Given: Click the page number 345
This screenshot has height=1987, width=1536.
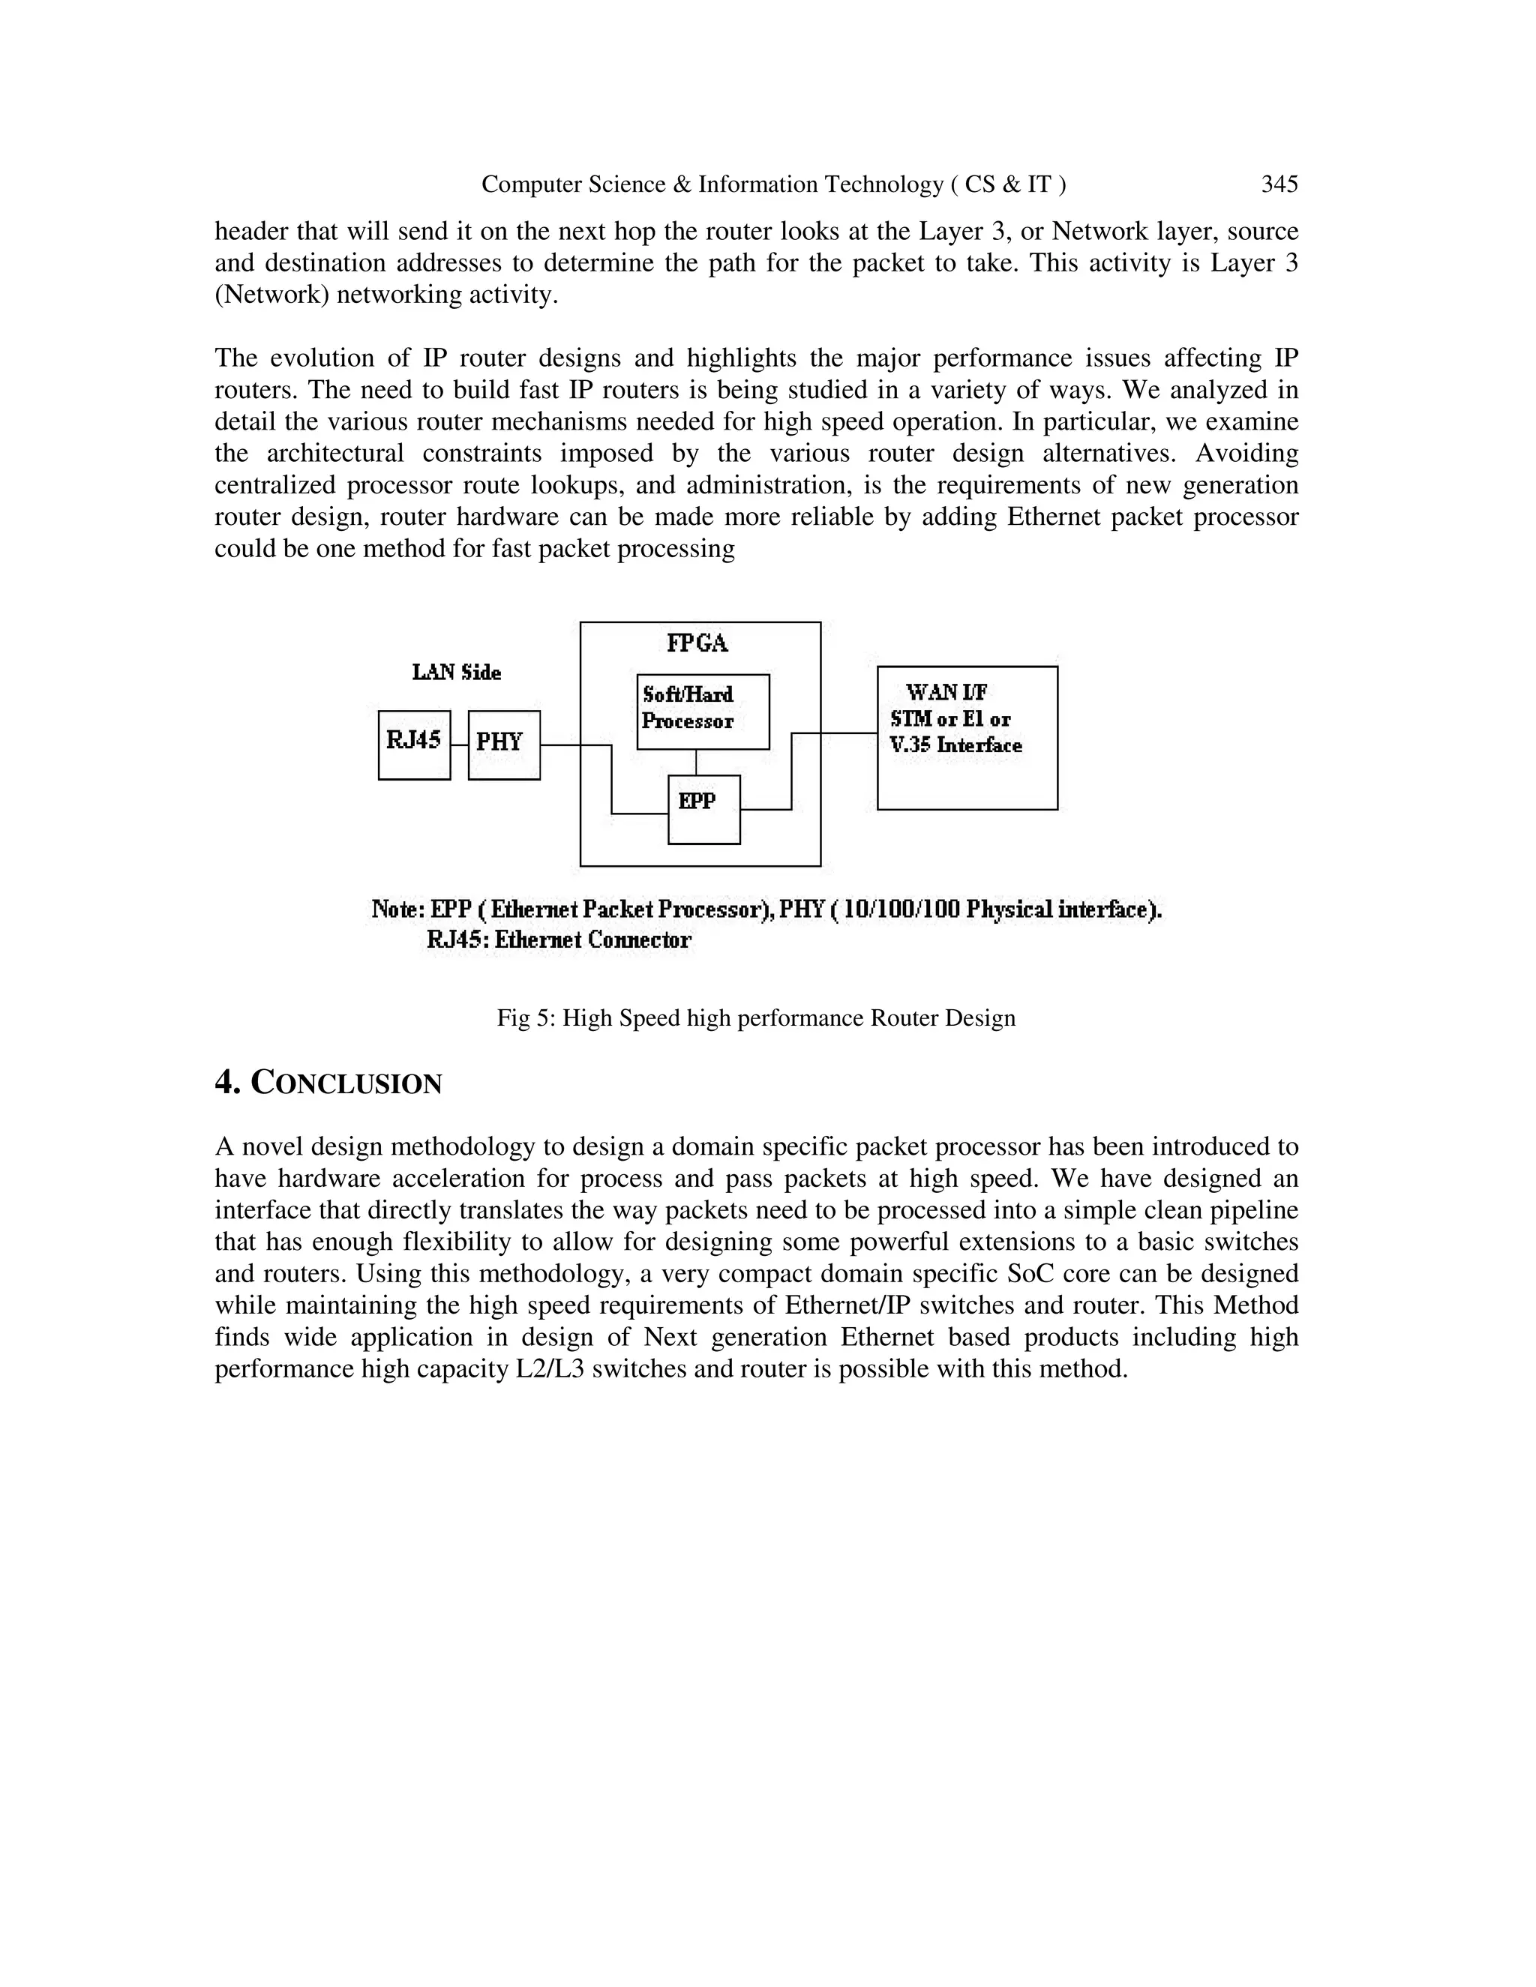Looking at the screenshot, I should tap(1279, 184).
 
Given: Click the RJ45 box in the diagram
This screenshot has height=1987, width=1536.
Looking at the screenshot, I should tap(414, 745).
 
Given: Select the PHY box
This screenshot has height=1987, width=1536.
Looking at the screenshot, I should tap(503, 745).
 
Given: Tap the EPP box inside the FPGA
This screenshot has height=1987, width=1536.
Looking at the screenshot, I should tap(703, 809).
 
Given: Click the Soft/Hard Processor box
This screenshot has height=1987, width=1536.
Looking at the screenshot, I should tap(703, 712).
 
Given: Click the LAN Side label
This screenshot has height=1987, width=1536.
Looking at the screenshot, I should tap(456, 673).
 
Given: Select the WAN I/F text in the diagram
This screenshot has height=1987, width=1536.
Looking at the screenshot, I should tap(946, 694).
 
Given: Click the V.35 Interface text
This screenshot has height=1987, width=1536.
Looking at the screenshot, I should tap(955, 746).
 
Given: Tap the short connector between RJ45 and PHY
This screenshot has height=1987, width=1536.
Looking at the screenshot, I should tap(460, 745).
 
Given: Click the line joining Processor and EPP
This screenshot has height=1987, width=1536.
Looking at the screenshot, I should tap(696, 763).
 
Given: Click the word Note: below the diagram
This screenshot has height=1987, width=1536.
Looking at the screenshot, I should tap(397, 910).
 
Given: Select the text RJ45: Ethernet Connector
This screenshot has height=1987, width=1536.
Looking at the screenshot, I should tap(559, 940).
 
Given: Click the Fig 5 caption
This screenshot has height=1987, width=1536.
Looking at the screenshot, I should tap(755, 1018).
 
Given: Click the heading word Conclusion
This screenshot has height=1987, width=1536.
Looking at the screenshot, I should tap(346, 1083).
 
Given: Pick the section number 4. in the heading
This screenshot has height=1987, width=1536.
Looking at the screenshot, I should tap(227, 1083).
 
